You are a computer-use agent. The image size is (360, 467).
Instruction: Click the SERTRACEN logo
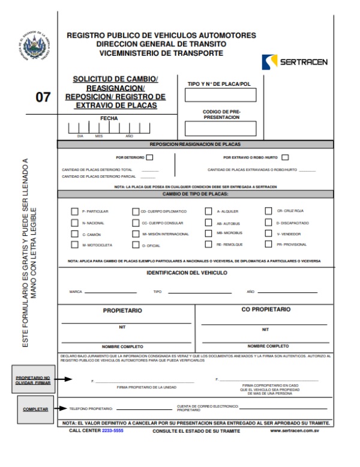(x=295, y=62)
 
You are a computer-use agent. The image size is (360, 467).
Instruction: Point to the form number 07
(x=43, y=97)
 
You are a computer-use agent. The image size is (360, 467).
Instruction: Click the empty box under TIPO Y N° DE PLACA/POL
(x=220, y=95)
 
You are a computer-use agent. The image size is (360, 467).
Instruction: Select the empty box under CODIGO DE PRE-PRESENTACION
(x=220, y=128)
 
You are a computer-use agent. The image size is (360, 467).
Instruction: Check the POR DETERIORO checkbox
(x=150, y=158)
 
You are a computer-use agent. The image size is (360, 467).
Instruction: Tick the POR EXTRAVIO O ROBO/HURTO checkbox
(x=285, y=158)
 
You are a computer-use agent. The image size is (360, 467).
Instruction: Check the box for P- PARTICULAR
(x=74, y=211)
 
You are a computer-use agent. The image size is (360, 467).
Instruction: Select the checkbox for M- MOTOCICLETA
(x=74, y=245)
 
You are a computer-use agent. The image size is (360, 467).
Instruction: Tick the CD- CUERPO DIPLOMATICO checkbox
(x=136, y=211)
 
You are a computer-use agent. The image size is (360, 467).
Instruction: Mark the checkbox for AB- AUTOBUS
(x=209, y=223)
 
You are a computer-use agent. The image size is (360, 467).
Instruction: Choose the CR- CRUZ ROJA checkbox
(x=269, y=211)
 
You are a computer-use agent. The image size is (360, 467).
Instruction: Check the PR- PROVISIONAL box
(x=269, y=244)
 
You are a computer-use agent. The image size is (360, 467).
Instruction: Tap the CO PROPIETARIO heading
(x=265, y=309)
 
